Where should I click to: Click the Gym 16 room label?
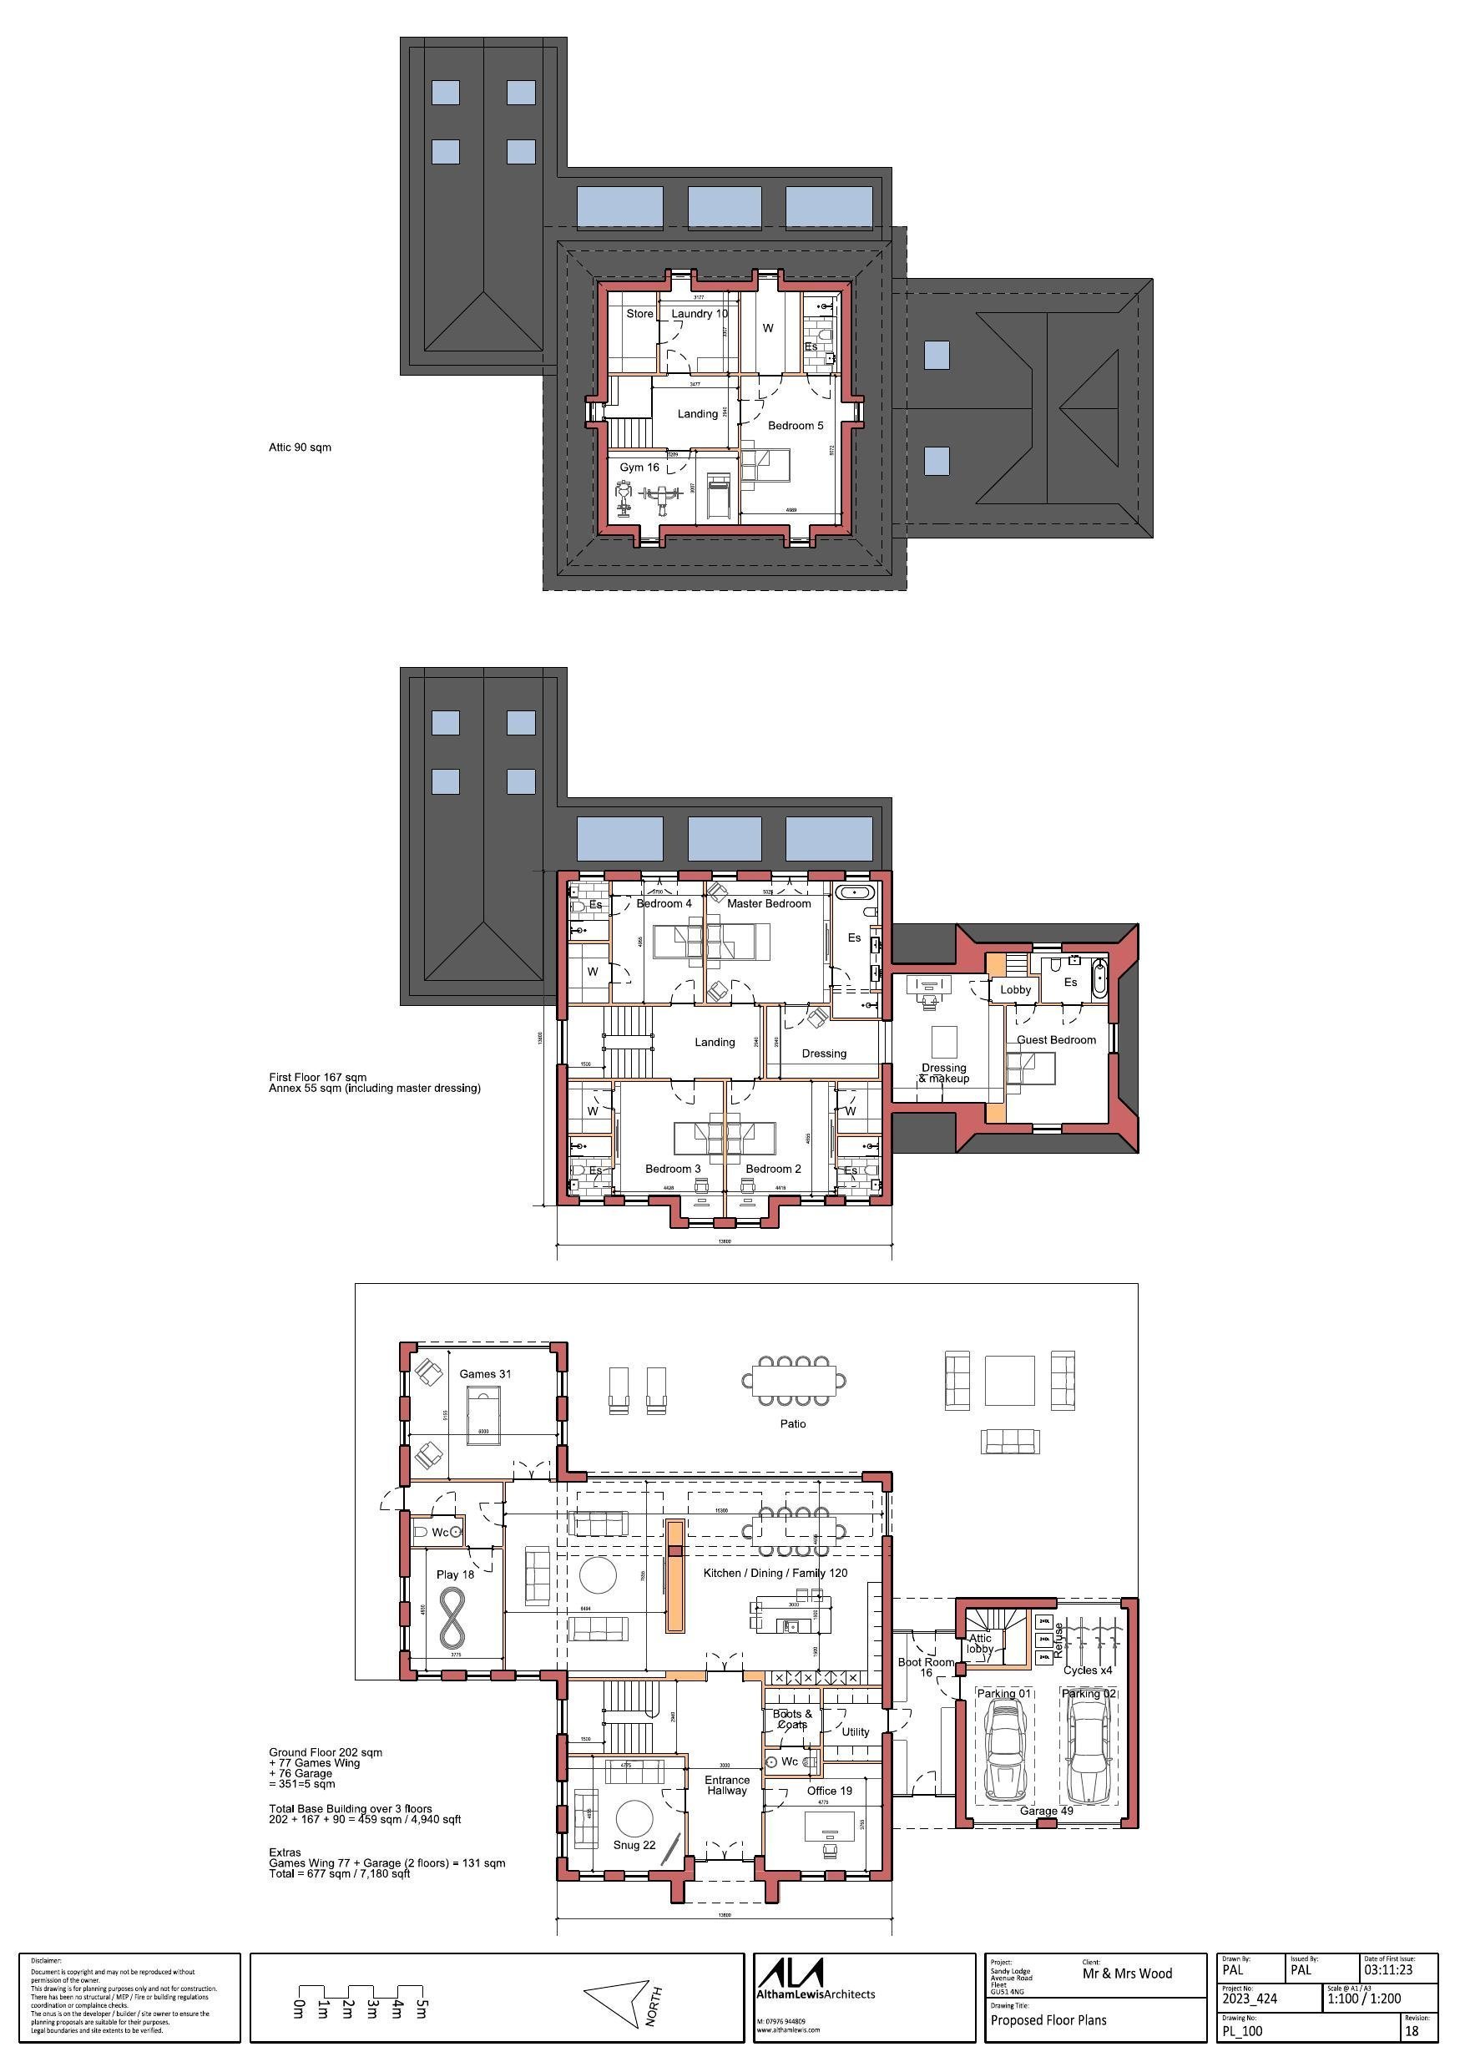tap(639, 467)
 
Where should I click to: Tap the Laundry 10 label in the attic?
tap(699, 314)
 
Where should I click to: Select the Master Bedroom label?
tap(768, 903)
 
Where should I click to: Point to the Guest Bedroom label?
tap(1055, 1039)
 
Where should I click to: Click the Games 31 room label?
tap(485, 1373)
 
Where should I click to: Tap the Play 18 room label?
tap(455, 1574)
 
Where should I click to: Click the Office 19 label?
tap(829, 1791)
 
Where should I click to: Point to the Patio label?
tap(792, 1423)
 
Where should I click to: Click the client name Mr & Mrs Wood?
tap(1127, 1973)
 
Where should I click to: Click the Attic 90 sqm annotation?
tap(300, 447)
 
